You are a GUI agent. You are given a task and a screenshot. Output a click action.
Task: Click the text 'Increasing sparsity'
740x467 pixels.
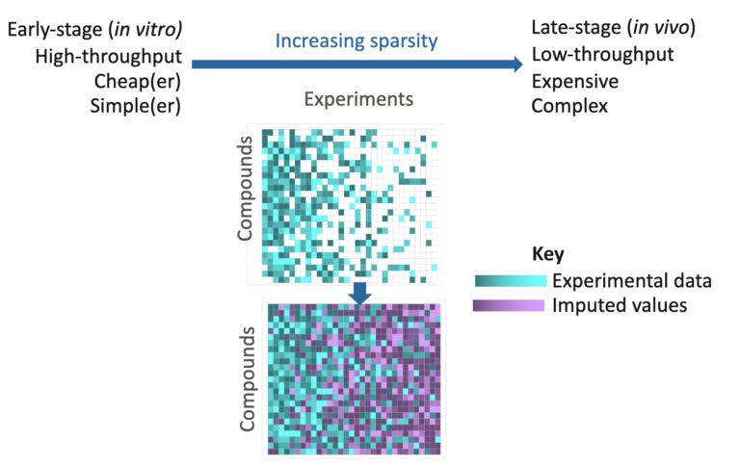click(x=356, y=41)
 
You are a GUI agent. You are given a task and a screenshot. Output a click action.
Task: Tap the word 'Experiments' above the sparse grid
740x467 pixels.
click(x=358, y=98)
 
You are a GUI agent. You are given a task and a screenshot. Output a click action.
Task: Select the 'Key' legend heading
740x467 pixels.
click(x=547, y=254)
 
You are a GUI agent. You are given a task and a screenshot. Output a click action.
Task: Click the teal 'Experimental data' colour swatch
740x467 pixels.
click(x=511, y=281)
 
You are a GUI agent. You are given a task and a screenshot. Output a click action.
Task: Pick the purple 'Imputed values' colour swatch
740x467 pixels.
click(x=511, y=306)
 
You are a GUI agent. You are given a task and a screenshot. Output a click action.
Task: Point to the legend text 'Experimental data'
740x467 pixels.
click(x=631, y=281)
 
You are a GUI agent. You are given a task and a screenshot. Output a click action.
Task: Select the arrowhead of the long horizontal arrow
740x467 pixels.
click(x=508, y=65)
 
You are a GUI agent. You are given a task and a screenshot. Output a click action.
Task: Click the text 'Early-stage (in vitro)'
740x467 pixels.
click(x=95, y=30)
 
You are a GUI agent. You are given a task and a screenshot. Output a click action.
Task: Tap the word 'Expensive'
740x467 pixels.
click(x=575, y=80)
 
